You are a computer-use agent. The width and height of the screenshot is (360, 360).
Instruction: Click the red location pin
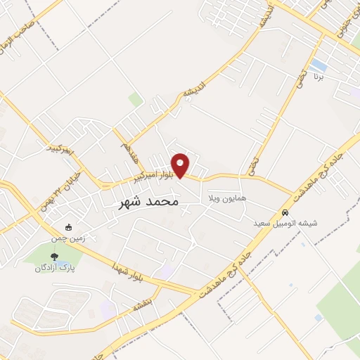coord(181,165)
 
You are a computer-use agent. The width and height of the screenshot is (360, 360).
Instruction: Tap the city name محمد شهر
coord(146,202)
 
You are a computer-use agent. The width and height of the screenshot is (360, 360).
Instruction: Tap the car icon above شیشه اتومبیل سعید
coord(285,212)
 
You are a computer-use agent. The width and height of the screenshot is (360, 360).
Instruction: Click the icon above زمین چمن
coord(68,228)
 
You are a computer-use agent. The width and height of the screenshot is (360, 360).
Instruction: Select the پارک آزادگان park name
coord(57,268)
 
